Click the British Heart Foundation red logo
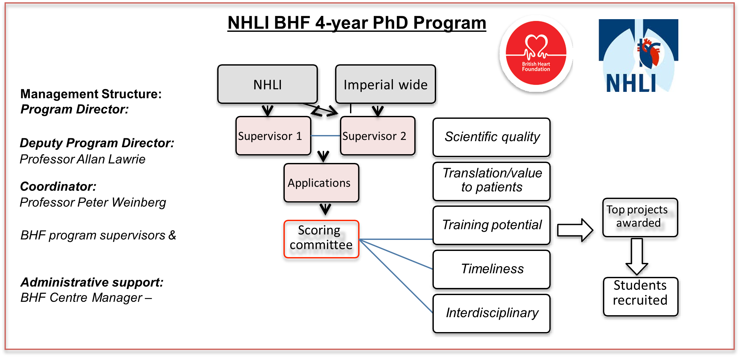[x=536, y=53]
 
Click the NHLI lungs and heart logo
[x=638, y=56]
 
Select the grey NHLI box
[x=268, y=84]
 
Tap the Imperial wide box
[x=385, y=84]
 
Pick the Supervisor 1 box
[x=273, y=136]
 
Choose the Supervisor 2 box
[x=378, y=136]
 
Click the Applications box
[x=321, y=183]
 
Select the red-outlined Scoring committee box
[x=321, y=239]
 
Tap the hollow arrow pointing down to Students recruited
[x=637, y=257]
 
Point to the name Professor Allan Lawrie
[x=82, y=159]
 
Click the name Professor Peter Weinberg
[x=93, y=203]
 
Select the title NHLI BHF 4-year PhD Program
[x=357, y=23]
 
